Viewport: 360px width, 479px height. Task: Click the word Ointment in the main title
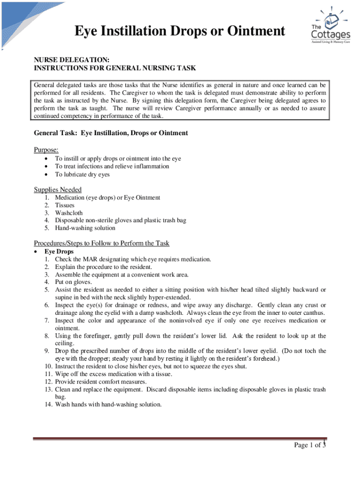pyautogui.click(x=252, y=31)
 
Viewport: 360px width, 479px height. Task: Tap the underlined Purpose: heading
pyautogui.click(x=46, y=149)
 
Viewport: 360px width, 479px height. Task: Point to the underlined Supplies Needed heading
pyautogui.click(x=58, y=189)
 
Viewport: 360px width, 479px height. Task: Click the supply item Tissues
pyautogui.click(x=65, y=205)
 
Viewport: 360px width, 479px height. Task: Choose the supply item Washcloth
pyautogui.click(x=69, y=213)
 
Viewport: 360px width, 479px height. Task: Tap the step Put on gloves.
pyautogui.click(x=73, y=282)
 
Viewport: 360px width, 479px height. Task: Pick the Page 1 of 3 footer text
pyautogui.click(x=309, y=445)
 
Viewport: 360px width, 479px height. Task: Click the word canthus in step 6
pyautogui.click(x=315, y=312)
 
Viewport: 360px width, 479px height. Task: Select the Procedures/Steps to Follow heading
pyautogui.click(x=101, y=243)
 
